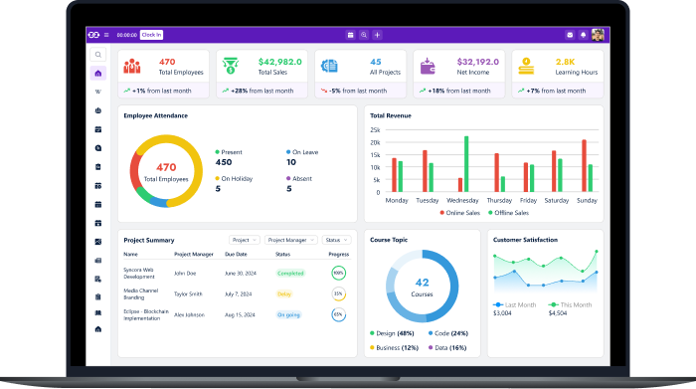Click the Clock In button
151,35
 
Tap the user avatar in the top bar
598,35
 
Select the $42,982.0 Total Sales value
279,62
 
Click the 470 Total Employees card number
167,62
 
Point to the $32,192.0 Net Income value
478,62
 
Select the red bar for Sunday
584,165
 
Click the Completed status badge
290,273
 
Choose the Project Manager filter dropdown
291,240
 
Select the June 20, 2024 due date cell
242,273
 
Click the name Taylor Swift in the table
189,293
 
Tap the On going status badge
288,314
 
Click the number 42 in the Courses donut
422,283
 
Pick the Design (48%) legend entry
393,333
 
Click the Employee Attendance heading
156,115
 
